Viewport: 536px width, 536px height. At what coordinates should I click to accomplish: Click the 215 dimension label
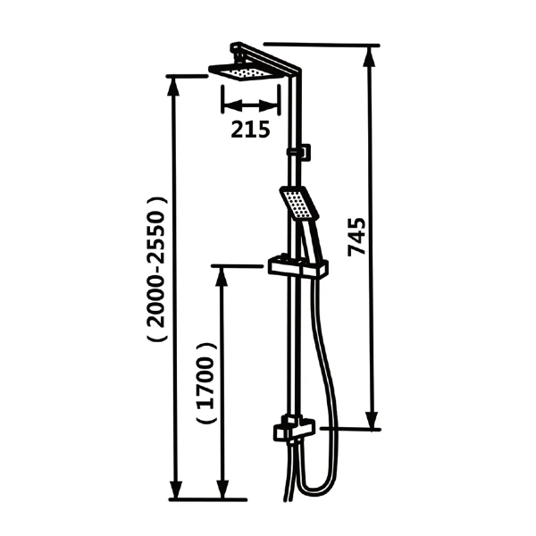[250, 130]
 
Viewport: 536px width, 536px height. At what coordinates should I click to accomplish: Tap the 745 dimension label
[356, 237]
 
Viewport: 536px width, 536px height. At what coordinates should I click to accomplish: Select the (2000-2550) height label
[157, 269]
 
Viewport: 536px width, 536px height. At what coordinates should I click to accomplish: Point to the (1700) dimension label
[207, 383]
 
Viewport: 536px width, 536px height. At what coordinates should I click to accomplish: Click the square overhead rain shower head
[247, 72]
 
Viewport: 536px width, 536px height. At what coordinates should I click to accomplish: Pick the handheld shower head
[299, 203]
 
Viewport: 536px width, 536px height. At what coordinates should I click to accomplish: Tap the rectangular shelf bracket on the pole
[298, 266]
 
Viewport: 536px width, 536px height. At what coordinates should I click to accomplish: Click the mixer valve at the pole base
[293, 428]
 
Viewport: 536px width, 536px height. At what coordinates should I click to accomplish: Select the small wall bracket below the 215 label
[299, 152]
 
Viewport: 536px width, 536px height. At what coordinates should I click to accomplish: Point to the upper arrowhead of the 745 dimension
[372, 56]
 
